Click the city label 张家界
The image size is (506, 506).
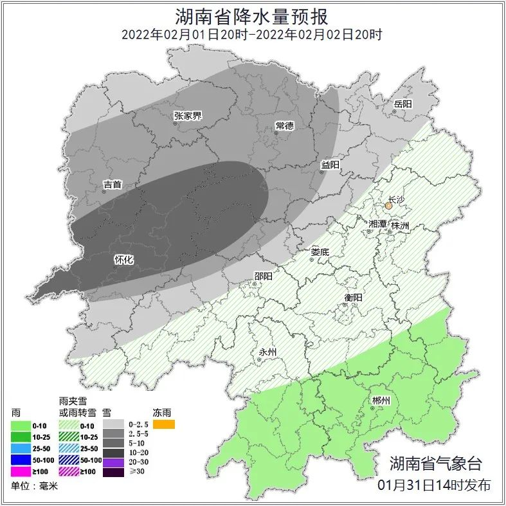pos(188,116)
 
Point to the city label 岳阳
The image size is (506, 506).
pos(403,104)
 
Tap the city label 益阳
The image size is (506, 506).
pos(330,165)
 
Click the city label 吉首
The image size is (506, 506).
pos(113,185)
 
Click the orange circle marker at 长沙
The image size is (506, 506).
pos(388,206)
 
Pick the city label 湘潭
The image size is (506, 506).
pos(377,224)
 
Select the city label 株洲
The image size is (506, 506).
pos(400,226)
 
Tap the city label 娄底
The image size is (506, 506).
pos(320,253)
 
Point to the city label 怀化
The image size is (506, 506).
pos(123,260)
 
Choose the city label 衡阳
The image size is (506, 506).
pos(354,298)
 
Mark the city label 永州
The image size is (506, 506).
pos(267,352)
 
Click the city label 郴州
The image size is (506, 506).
pos(381,401)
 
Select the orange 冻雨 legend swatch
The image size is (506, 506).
pos(164,424)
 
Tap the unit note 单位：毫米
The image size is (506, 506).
pos(35,486)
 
